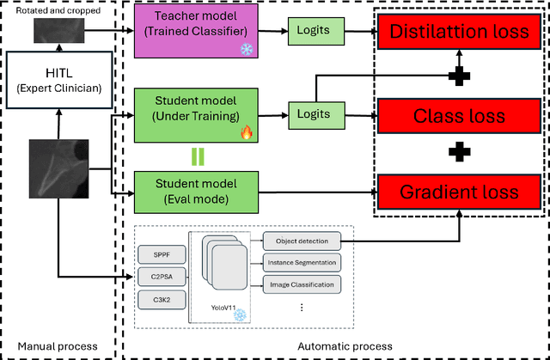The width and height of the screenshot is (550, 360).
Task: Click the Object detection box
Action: [301, 241]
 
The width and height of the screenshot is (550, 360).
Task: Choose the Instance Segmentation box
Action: [301, 262]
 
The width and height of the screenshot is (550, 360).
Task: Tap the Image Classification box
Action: [301, 283]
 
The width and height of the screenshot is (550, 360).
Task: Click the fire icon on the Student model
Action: [243, 133]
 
